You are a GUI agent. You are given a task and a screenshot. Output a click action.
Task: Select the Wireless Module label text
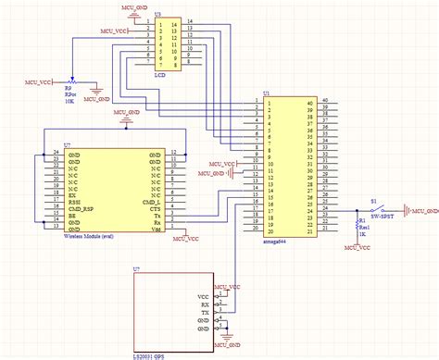[x=89, y=236]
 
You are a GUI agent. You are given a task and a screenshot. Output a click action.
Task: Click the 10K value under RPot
[x=69, y=102]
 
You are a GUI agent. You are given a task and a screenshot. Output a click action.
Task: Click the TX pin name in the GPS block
[x=206, y=312]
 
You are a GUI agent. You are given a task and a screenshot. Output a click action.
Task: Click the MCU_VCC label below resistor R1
[x=357, y=249]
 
